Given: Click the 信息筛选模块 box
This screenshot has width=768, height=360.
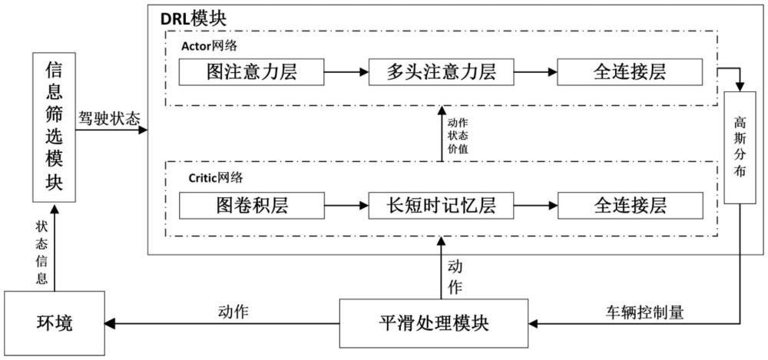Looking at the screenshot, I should [54, 128].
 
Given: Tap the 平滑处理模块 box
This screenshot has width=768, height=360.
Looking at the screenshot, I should [439, 323].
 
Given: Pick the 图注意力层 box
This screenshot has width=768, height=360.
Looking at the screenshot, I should [251, 72].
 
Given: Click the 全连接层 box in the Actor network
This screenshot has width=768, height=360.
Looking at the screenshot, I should [629, 72].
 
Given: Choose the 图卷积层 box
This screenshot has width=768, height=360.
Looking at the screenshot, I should [251, 205].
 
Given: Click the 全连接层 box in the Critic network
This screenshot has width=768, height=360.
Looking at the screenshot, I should [629, 205].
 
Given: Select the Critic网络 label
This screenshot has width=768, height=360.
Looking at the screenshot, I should [215, 177].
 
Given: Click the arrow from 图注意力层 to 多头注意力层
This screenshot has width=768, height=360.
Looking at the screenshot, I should [345, 73].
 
